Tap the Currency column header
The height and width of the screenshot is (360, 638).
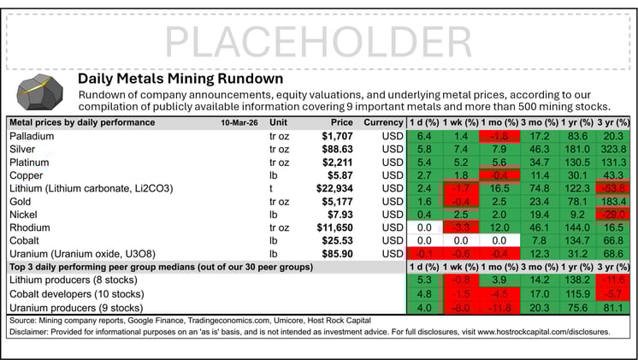pyautogui.click(x=381, y=122)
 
